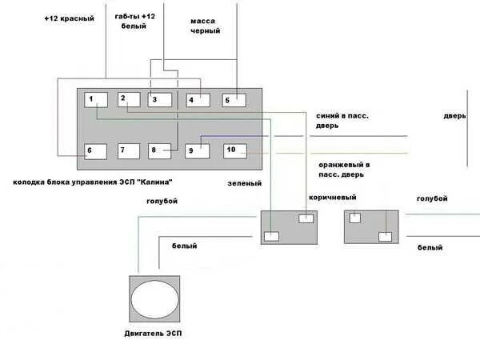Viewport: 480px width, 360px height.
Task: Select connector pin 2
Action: click(128, 100)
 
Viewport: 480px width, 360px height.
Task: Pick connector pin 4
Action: click(198, 100)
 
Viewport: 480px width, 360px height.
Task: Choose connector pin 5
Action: click(233, 100)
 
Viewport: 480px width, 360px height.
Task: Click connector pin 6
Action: click(95, 150)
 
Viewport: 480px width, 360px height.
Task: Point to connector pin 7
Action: click(128, 150)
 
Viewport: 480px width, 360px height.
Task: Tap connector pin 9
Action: click(197, 150)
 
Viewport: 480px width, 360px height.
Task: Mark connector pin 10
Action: click(234, 150)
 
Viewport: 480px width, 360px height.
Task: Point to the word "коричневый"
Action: click(332, 197)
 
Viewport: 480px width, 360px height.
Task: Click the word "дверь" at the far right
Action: click(454, 116)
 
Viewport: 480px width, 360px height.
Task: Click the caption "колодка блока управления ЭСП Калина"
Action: click(93, 182)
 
